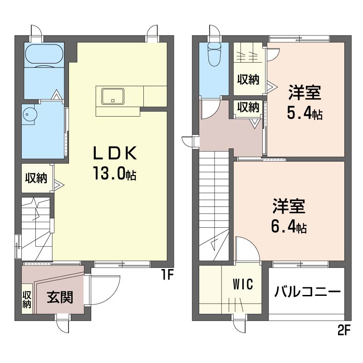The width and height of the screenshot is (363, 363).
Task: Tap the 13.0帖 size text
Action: point(115,173)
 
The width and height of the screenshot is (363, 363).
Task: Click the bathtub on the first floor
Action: point(44,55)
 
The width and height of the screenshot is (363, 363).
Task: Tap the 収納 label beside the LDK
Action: point(36,178)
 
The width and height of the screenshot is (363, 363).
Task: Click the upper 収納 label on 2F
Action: point(248,79)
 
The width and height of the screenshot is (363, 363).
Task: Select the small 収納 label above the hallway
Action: point(248,108)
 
